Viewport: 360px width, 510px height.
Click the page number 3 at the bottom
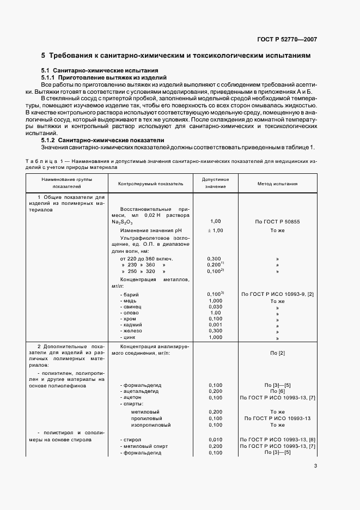point(316,465)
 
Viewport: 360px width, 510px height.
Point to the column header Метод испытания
point(277,184)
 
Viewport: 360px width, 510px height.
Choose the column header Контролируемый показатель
point(150,184)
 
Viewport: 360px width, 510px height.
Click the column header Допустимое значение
point(215,183)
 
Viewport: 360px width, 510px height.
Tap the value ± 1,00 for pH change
point(215,230)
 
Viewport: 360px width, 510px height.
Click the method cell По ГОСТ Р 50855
point(277,222)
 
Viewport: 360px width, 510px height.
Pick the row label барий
point(131,294)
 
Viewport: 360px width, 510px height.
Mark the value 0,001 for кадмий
point(215,324)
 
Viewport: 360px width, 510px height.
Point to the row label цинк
point(130,337)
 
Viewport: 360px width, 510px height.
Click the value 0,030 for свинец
point(215,307)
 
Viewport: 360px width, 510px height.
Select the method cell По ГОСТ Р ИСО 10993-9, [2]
point(277,294)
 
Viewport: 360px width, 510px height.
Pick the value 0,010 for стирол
point(215,439)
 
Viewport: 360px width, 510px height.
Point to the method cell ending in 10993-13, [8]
point(277,439)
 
